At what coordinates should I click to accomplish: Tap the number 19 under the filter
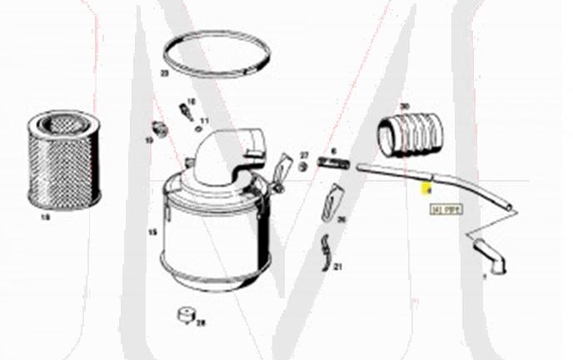pos(45,216)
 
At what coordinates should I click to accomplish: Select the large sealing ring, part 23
pos(216,53)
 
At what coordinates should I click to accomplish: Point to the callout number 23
pos(164,74)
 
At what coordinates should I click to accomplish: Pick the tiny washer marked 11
pos(198,128)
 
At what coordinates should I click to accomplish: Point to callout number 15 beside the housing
pos(152,232)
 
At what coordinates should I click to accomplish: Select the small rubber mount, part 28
pos(183,317)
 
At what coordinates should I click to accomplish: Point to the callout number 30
pos(404,107)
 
